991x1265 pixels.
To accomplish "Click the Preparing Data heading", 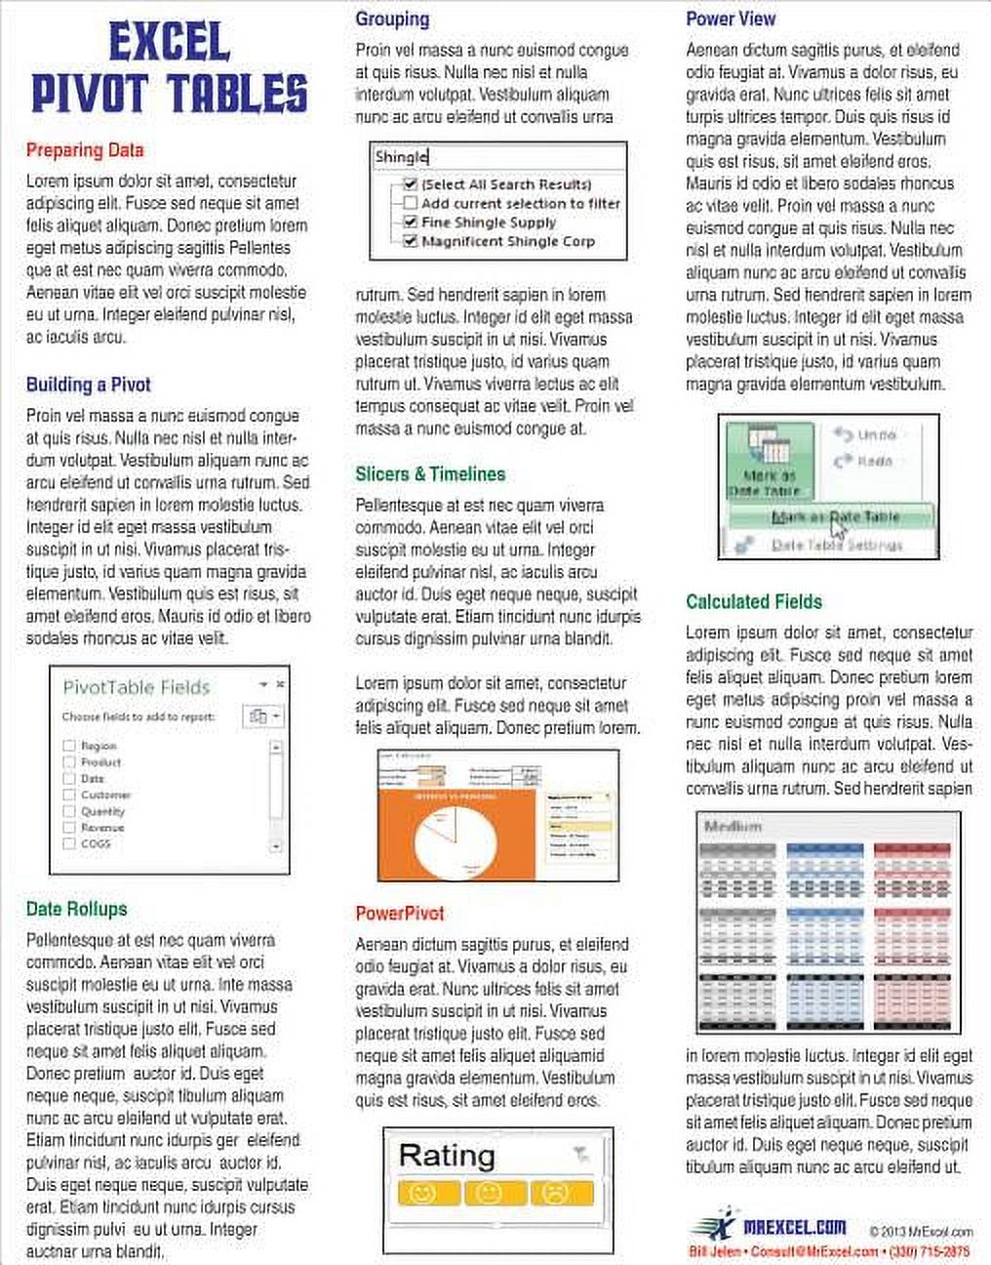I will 85,150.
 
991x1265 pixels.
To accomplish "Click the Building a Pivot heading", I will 88,385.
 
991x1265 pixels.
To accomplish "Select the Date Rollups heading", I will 76,909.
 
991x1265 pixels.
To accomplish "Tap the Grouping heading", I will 392,19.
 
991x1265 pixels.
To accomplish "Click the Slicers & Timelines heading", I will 430,474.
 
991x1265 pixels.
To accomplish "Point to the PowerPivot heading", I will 400,914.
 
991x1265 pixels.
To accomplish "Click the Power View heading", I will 731,19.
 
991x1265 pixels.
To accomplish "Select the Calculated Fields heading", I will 754,602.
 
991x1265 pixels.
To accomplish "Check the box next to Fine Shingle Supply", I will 411,223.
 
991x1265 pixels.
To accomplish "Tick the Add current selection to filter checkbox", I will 411,203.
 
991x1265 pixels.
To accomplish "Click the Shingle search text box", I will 498,157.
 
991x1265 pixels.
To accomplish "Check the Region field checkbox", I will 69,746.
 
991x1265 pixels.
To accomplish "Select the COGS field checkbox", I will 69,843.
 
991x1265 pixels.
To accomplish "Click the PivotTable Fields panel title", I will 137,687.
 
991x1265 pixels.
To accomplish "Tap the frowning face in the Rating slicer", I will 555,1193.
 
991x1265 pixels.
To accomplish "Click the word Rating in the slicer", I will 447,1156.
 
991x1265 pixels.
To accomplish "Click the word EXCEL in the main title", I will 169,44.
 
